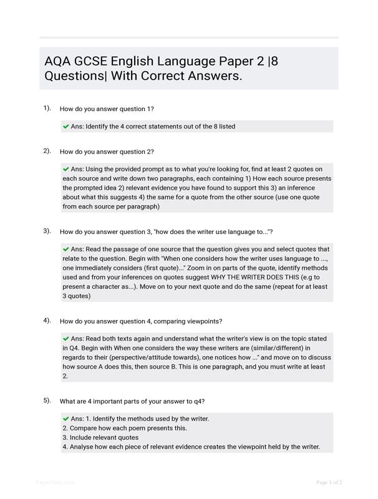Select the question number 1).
tap(47, 108)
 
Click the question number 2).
tap(47, 151)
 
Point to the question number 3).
tap(47, 231)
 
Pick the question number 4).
tap(47, 321)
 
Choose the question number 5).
tap(47, 400)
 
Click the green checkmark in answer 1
tap(66, 127)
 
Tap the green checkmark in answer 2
tap(66, 169)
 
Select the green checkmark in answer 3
tap(66, 249)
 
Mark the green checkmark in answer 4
tap(66, 339)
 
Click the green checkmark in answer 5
tap(66, 419)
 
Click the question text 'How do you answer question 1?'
tap(107, 109)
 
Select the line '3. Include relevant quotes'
tap(101, 438)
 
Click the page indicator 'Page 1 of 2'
tap(329, 482)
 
